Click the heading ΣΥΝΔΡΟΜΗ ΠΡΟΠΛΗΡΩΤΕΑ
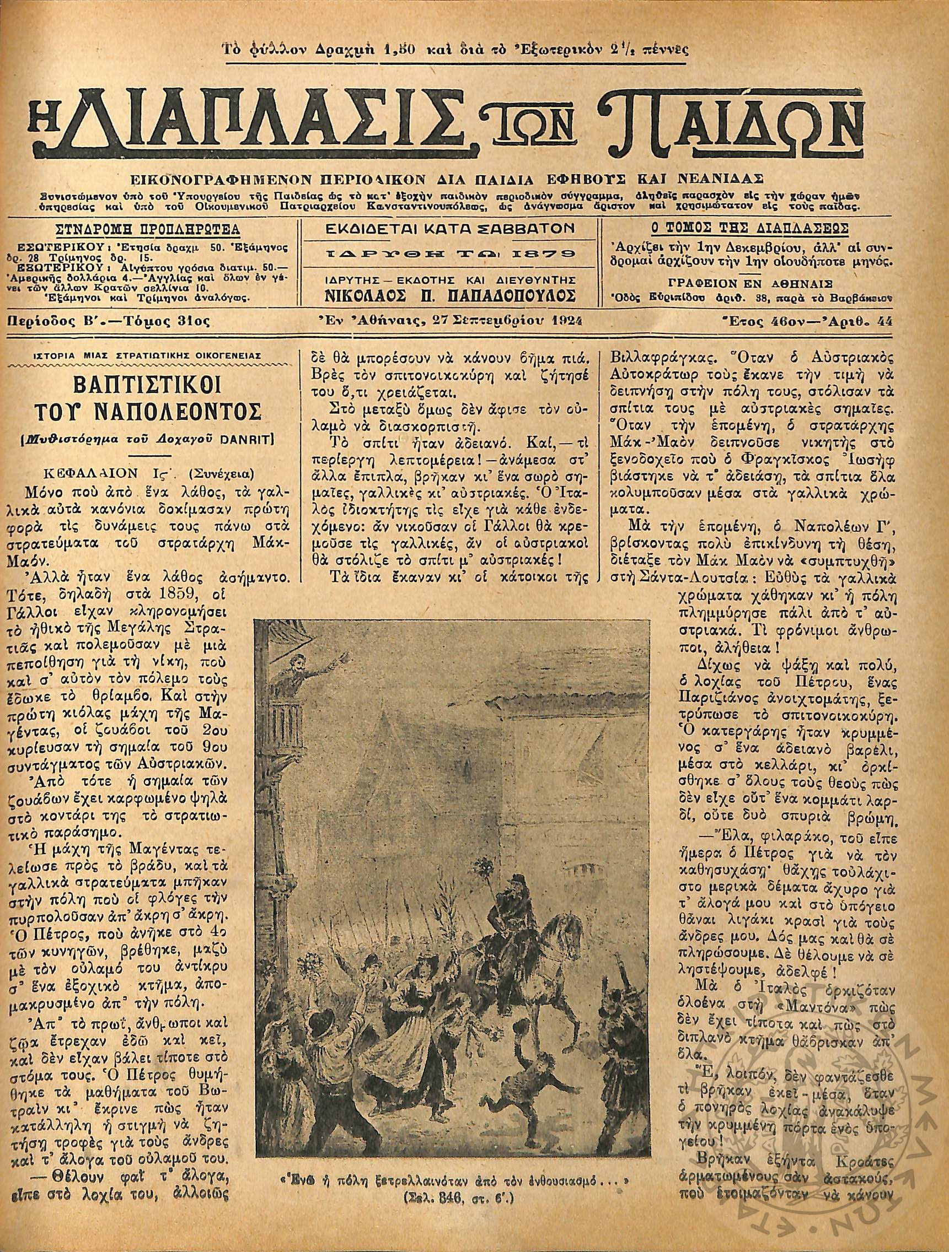click(x=148, y=230)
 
